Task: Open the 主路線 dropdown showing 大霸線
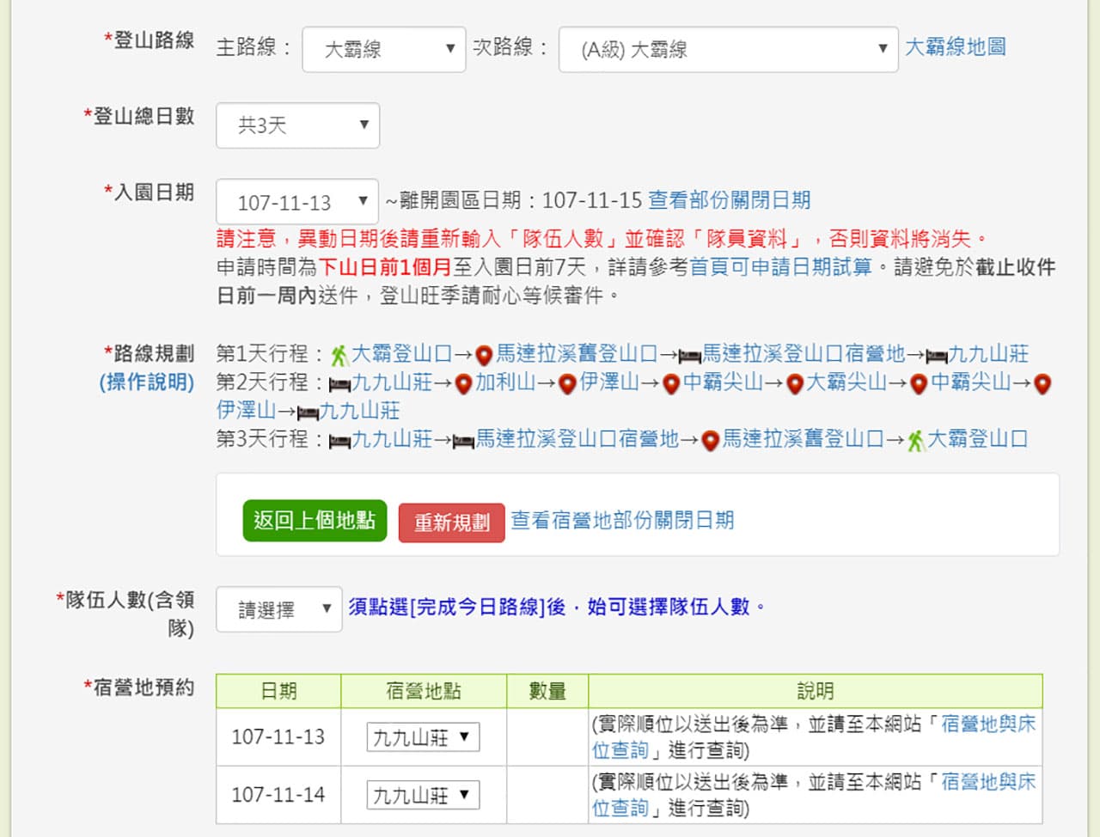[384, 50]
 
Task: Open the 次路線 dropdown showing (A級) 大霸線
[728, 50]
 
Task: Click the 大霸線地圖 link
[955, 47]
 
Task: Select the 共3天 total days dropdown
[297, 125]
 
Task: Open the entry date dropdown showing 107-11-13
[297, 202]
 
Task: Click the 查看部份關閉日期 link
[729, 200]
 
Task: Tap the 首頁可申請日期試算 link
[781, 267]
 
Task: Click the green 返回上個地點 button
[315, 521]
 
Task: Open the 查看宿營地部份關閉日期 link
[622, 521]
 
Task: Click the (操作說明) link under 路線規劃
[147, 382]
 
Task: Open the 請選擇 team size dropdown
[279, 609]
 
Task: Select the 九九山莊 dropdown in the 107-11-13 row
[423, 736]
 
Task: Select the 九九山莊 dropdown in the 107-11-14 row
[423, 795]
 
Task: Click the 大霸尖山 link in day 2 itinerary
[846, 382]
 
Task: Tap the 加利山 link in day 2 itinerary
[505, 382]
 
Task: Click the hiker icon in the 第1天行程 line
[339, 356]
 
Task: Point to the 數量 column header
[547, 691]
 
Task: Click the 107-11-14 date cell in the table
[278, 795]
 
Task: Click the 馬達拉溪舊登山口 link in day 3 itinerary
[803, 439]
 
